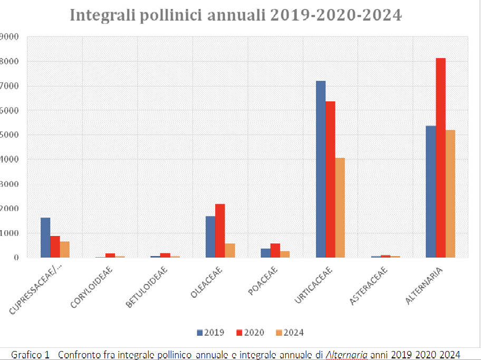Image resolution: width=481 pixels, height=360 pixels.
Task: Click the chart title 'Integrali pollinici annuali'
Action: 236,15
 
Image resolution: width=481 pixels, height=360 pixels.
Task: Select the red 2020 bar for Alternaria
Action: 440,158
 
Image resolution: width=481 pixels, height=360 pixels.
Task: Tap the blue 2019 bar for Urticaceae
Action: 321,169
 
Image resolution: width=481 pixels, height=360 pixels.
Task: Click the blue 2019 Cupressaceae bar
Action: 45,238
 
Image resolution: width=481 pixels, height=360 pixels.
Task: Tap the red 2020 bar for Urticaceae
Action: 330,179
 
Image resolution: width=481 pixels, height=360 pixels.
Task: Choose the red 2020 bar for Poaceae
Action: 275,250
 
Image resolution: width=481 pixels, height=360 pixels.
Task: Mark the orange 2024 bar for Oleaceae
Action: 229,250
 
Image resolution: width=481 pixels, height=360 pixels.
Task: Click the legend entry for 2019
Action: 210,333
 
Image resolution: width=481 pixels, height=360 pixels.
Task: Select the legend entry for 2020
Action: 250,333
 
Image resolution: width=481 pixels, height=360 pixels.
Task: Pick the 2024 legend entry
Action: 290,333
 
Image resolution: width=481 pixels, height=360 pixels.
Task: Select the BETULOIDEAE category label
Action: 147,288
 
